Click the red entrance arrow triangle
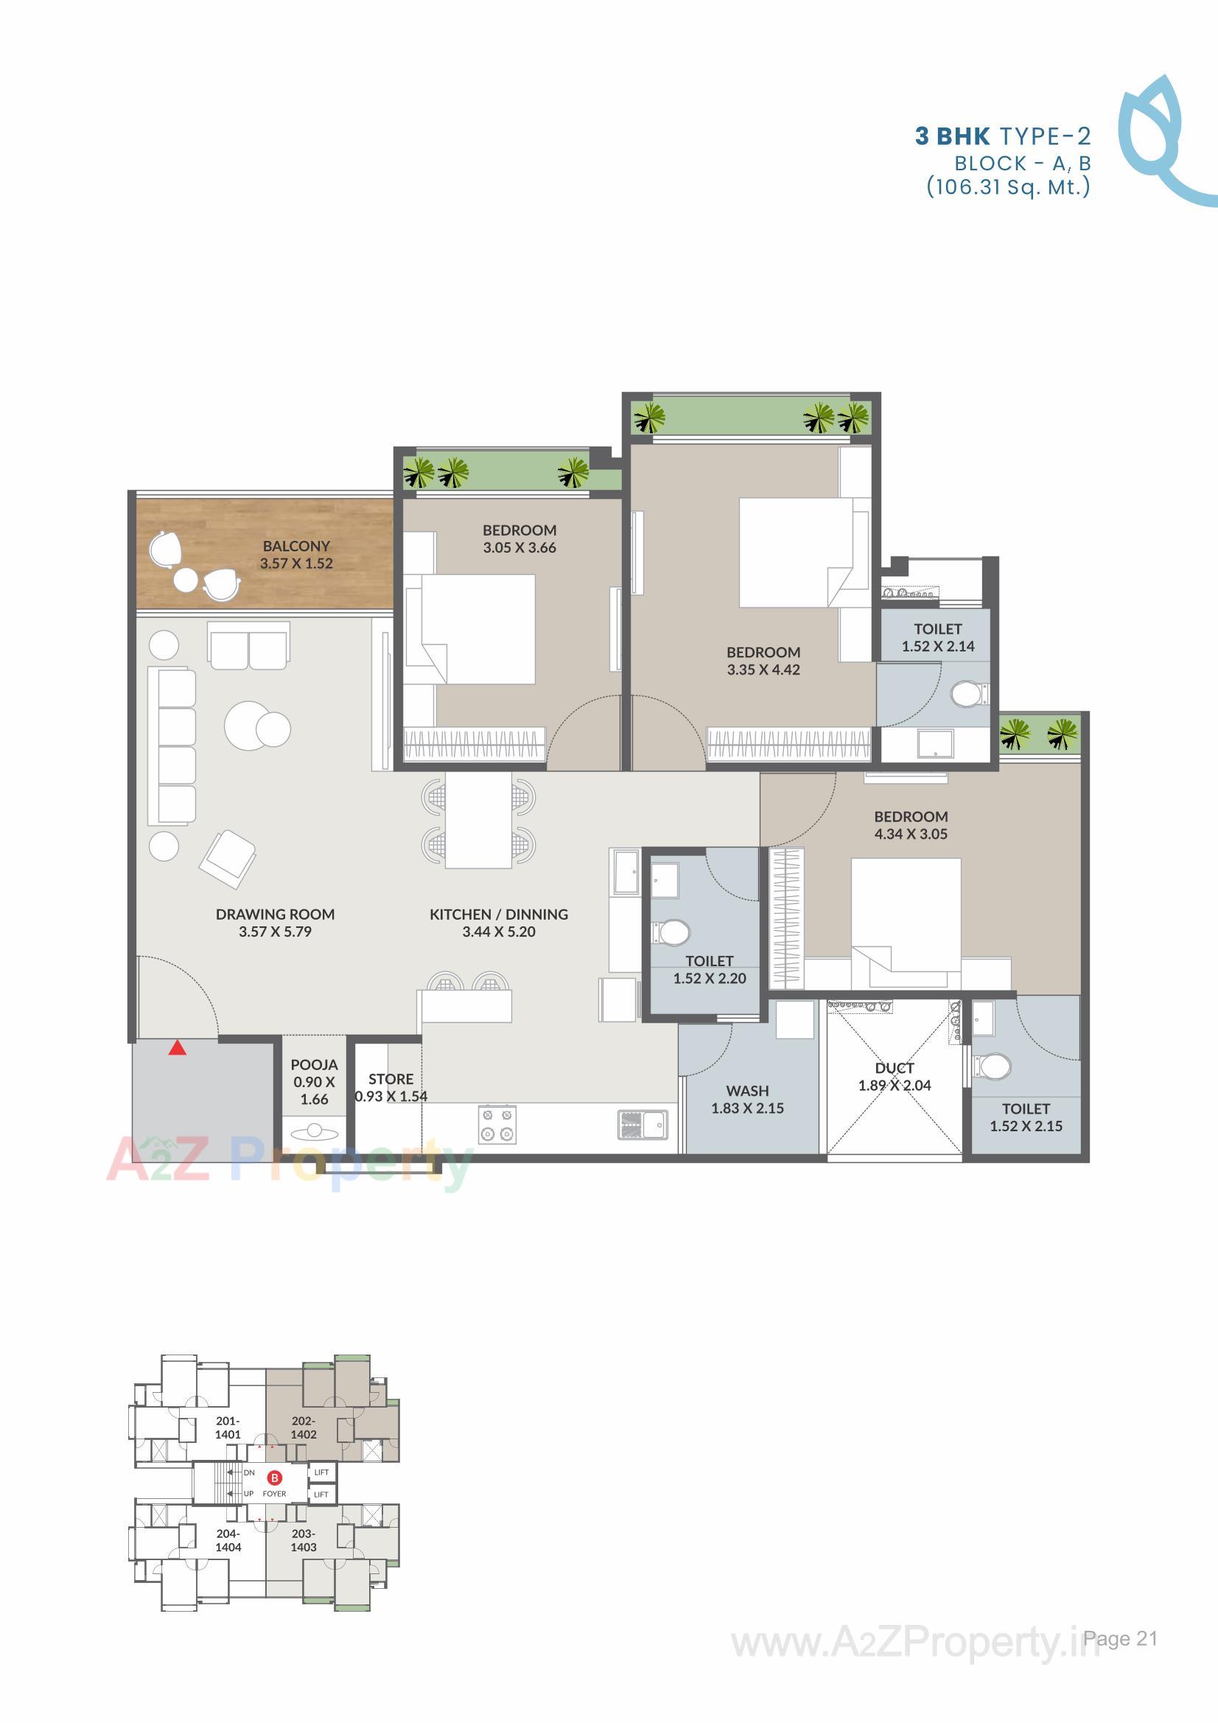point(177,1049)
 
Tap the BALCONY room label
point(296,546)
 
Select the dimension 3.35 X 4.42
point(763,670)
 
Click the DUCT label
point(895,1068)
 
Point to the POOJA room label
point(315,1065)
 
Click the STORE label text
point(391,1079)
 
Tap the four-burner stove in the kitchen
point(497,1124)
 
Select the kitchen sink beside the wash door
point(643,1124)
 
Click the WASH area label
point(747,1091)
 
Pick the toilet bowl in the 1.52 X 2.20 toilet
point(672,934)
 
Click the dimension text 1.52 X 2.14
point(938,647)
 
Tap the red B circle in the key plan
point(276,1478)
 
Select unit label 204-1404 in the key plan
point(228,1541)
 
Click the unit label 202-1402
point(304,1427)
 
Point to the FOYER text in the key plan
point(275,1493)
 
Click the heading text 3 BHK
point(952,136)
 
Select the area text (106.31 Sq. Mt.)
point(1008,186)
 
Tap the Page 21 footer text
point(1121,1638)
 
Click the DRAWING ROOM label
point(276,914)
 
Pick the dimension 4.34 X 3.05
point(911,833)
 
